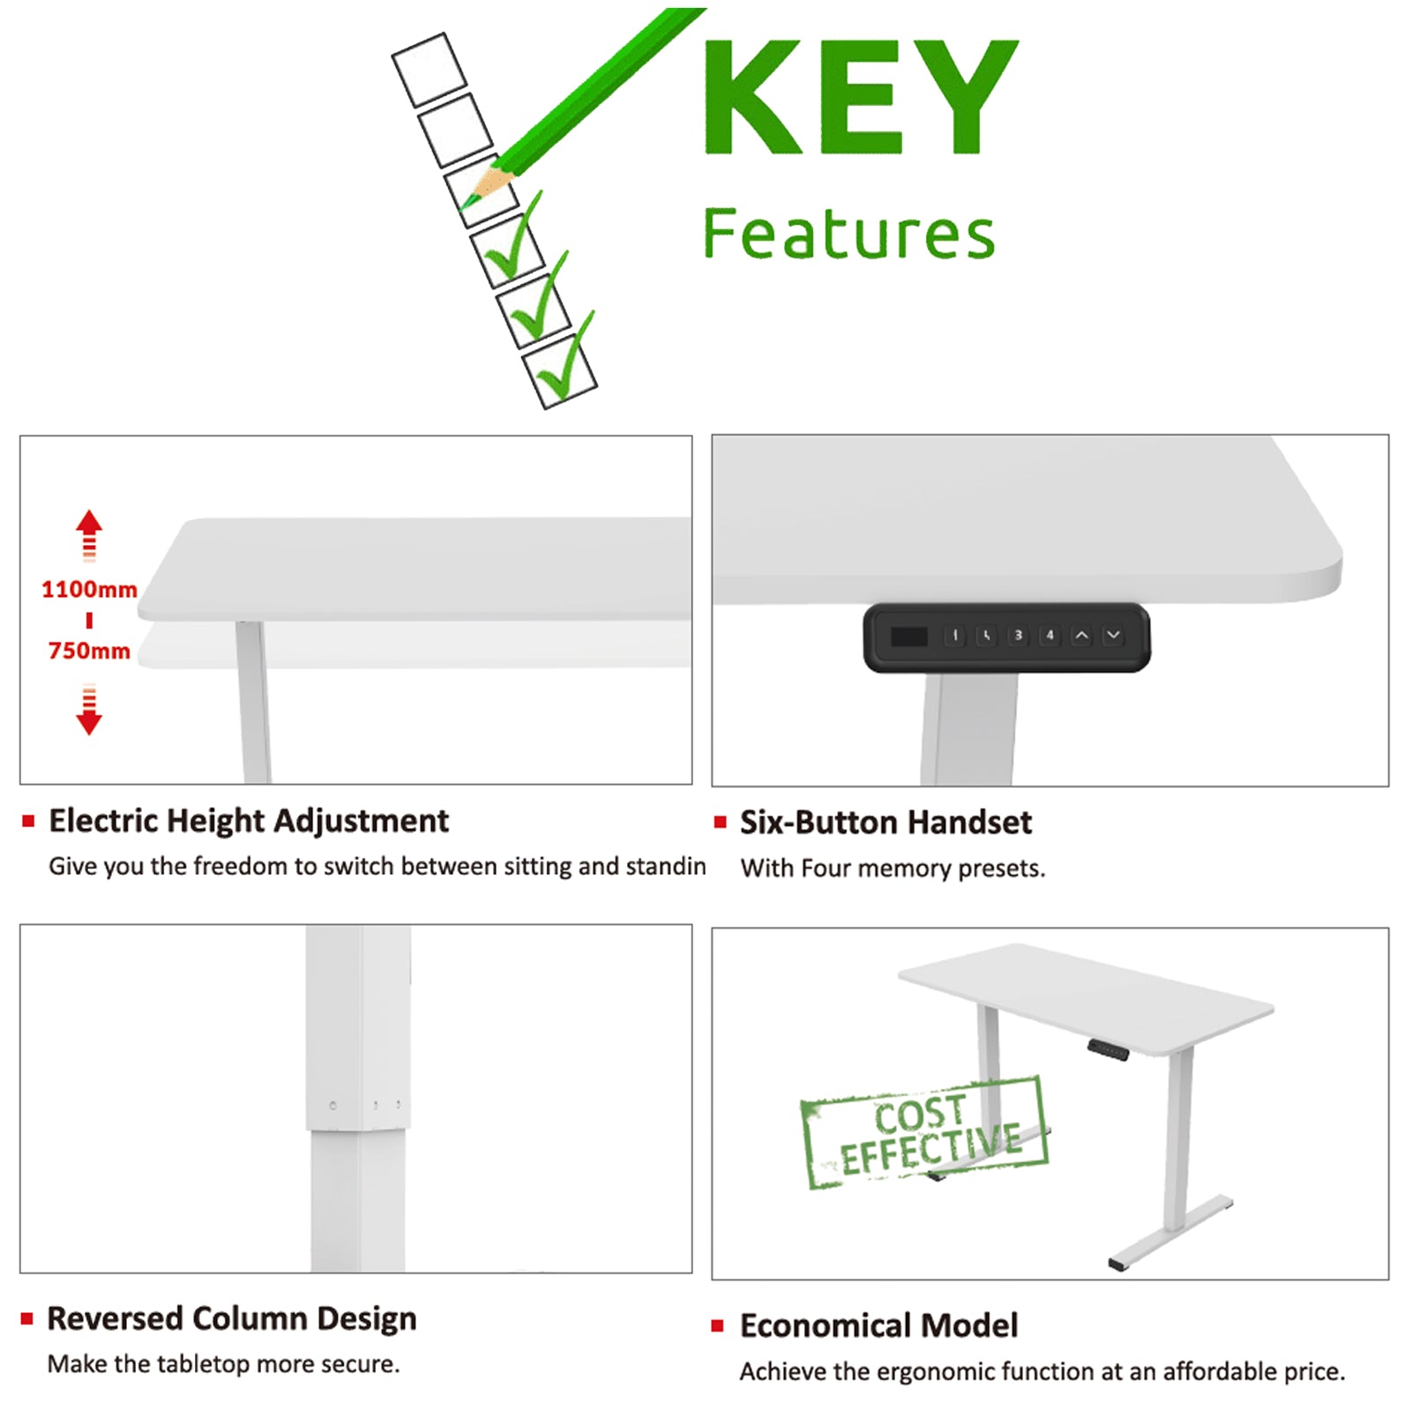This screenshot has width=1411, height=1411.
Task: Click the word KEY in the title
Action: click(x=860, y=97)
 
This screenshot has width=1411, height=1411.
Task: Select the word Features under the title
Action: click(x=848, y=235)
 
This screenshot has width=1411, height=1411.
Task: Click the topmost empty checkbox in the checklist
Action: click(x=429, y=69)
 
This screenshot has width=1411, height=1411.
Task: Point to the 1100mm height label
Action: click(x=89, y=589)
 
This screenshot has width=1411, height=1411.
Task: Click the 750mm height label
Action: click(x=89, y=651)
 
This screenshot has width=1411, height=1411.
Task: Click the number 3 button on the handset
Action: click(x=1018, y=635)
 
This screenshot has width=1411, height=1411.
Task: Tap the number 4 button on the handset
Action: click(x=1049, y=635)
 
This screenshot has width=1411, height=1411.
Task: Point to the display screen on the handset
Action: click(x=909, y=636)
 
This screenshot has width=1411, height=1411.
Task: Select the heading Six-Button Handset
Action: click(x=885, y=822)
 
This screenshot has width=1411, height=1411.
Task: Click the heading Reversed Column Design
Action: click(x=231, y=1318)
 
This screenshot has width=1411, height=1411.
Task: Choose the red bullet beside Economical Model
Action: click(x=718, y=1325)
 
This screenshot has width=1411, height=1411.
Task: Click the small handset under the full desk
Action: click(x=1108, y=1049)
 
